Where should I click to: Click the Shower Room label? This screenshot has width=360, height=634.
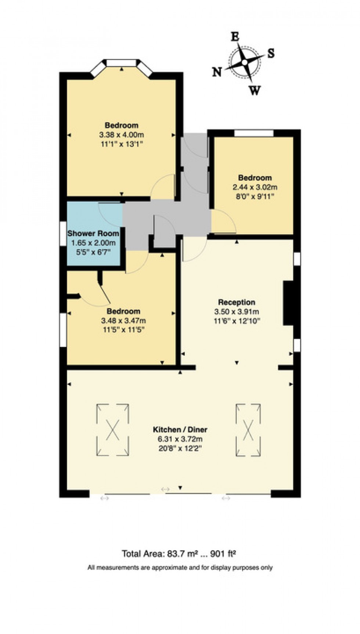(x=93, y=233)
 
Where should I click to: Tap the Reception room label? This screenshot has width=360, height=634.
(x=237, y=302)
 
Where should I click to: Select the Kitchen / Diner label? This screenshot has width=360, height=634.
(x=180, y=429)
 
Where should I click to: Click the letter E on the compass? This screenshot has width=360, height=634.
(x=235, y=37)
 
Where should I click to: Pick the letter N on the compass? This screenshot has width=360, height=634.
(x=217, y=72)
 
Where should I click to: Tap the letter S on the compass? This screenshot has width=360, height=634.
(x=271, y=54)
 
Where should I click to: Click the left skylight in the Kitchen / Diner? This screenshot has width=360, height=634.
(x=113, y=430)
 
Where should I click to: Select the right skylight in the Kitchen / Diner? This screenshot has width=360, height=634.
(x=248, y=430)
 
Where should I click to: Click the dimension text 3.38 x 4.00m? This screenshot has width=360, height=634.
(x=121, y=135)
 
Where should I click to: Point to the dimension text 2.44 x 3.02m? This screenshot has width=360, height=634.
(x=255, y=187)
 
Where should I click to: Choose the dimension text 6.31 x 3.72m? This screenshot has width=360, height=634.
(x=180, y=439)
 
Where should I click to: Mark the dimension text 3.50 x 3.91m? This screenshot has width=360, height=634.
(x=237, y=312)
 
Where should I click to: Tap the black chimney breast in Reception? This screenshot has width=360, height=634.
(x=288, y=303)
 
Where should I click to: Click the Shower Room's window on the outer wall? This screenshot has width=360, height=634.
(x=63, y=233)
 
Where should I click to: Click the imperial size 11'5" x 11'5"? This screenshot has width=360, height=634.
(x=123, y=330)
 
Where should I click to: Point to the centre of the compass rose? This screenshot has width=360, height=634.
(x=245, y=62)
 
